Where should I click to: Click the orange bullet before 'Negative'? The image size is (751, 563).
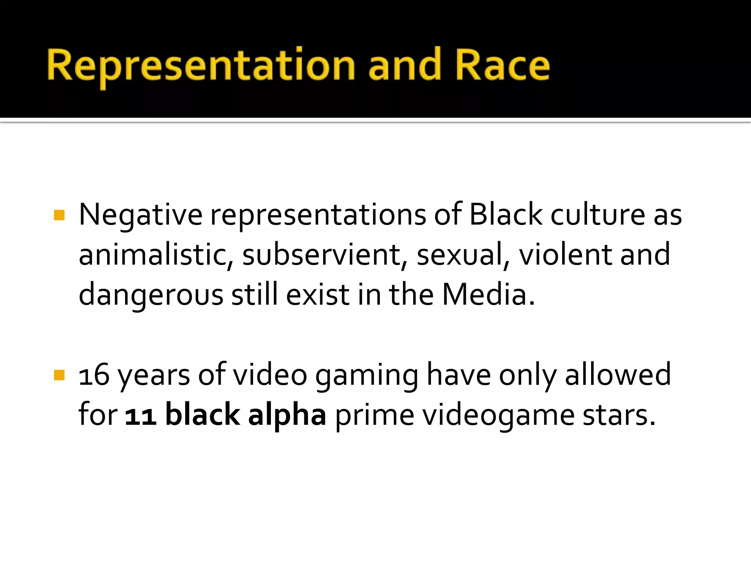[59, 215]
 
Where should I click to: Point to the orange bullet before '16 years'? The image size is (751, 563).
[59, 375]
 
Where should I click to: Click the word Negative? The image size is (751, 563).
[140, 215]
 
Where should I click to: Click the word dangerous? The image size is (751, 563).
[151, 295]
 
